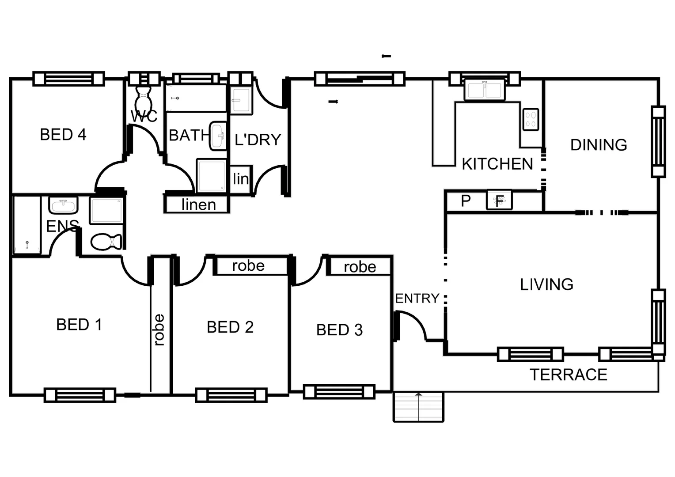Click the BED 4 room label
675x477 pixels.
point(63,134)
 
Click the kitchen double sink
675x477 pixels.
point(484,90)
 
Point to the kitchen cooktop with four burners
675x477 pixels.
point(531,119)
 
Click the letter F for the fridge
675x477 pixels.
point(499,201)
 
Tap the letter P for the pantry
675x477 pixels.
point(466,201)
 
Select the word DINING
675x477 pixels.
point(598,145)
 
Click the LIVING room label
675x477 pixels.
point(546,284)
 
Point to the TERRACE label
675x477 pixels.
point(568,375)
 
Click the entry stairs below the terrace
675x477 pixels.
point(418,406)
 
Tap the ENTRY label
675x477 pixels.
point(417,299)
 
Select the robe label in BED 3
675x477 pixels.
point(360,267)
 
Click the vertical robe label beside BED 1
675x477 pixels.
point(159,329)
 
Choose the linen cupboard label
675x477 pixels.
point(198,204)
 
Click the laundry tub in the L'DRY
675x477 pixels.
point(241,101)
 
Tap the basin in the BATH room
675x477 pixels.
point(217,136)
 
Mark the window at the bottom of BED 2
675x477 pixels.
point(231,395)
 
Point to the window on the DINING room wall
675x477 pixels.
point(658,141)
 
